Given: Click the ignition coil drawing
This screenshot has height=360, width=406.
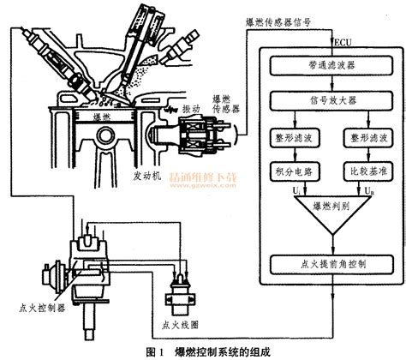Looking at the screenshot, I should coord(180,297).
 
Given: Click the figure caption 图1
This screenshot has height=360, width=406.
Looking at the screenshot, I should coord(155,350).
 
